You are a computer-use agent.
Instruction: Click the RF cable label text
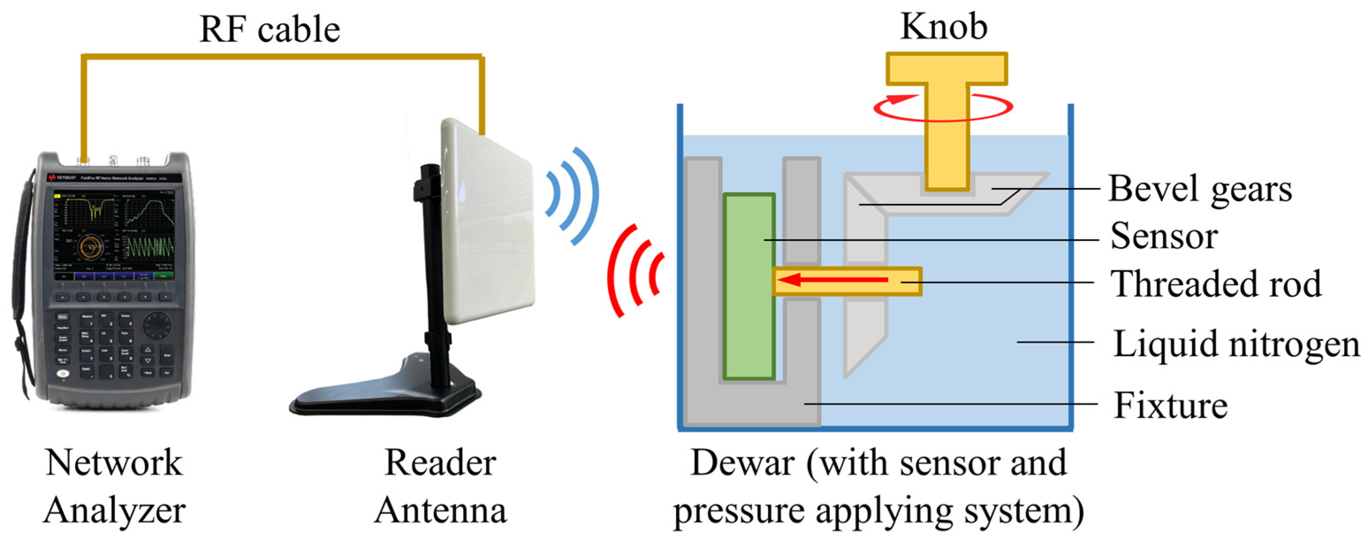pyautogui.click(x=269, y=29)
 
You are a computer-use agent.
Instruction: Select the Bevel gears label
pyautogui.click(x=1199, y=189)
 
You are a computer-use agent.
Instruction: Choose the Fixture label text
pyautogui.click(x=1170, y=405)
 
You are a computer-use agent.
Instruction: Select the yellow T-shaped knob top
pyautogui.click(x=946, y=69)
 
